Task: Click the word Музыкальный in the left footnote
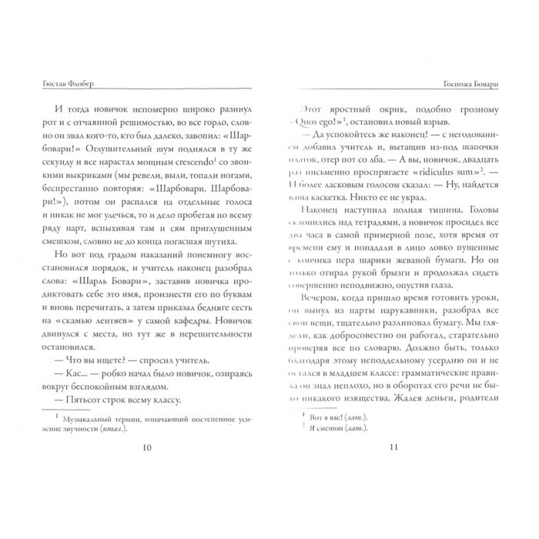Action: [95, 417]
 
